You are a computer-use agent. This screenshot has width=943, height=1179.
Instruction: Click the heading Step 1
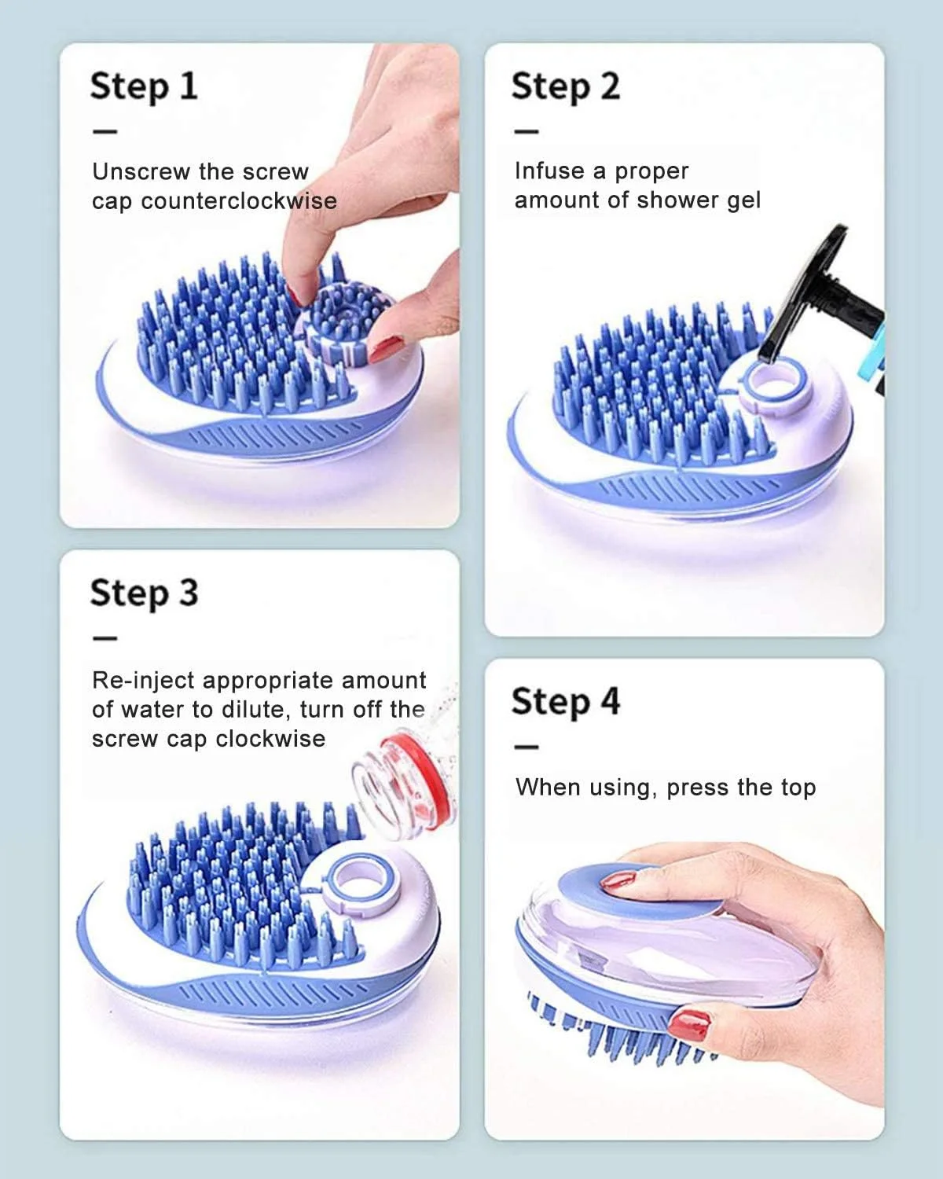click(x=144, y=86)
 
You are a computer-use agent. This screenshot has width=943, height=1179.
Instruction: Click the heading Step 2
click(x=566, y=86)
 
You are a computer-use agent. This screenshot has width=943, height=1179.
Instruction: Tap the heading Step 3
click(x=144, y=593)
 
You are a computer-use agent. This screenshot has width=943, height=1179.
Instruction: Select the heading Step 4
click(x=566, y=702)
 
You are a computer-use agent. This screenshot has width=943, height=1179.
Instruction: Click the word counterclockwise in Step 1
click(x=239, y=201)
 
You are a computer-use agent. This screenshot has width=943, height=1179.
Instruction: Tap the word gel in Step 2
click(x=743, y=200)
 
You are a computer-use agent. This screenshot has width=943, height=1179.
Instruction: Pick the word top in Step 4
click(x=798, y=788)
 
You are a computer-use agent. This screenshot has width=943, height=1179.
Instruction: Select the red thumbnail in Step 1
click(x=386, y=349)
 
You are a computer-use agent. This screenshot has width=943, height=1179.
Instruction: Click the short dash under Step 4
click(x=527, y=747)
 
